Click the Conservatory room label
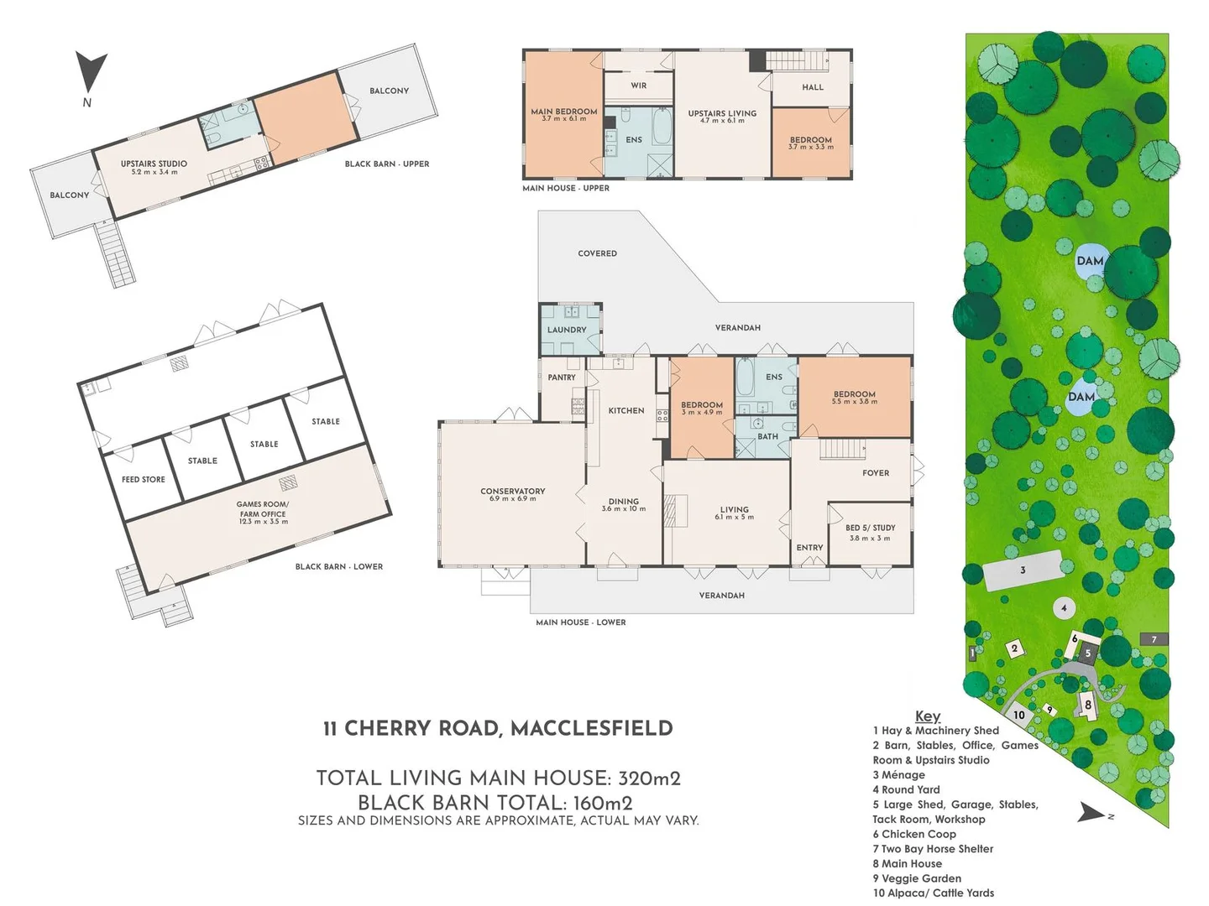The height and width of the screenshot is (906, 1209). coord(512,492)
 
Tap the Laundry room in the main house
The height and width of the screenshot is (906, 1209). coord(567,330)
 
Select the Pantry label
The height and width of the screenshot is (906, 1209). coord(562,377)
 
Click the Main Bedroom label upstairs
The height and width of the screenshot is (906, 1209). coord(563,112)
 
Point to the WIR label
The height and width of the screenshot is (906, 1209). coord(639,86)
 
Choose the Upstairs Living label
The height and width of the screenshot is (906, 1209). coord(722,114)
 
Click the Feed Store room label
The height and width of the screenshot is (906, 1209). coord(144,480)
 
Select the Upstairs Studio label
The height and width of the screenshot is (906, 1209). coord(154,165)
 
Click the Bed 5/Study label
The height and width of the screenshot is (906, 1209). coord(870,528)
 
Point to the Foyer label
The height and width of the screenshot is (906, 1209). coord(876,473)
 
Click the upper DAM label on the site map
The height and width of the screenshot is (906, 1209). coord(1090,261)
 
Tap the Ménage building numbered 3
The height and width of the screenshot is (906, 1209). coord(1023,570)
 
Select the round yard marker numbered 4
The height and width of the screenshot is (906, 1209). coord(1064,608)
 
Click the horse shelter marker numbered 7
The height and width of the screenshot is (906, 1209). coord(1154,639)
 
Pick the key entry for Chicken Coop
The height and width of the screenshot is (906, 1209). coord(913,834)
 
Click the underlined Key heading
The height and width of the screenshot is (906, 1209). coord(928,716)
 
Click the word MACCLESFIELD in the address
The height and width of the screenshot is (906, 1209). coord(591,728)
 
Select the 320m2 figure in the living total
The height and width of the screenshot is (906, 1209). coord(649,778)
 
